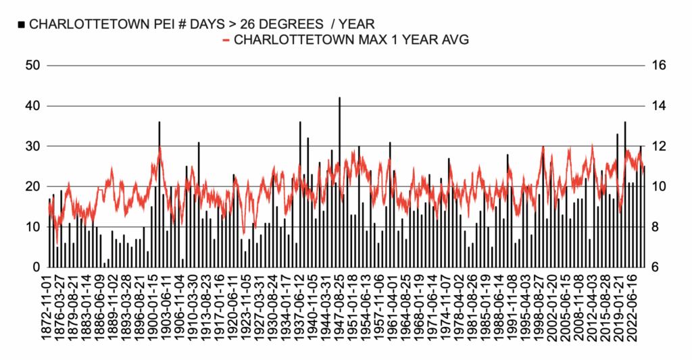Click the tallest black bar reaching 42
point(339,182)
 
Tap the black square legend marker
point(22,24)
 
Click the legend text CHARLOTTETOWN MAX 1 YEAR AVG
point(351,41)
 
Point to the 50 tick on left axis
point(33,66)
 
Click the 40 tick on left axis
point(33,106)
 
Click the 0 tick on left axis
point(37,267)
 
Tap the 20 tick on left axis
point(33,186)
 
